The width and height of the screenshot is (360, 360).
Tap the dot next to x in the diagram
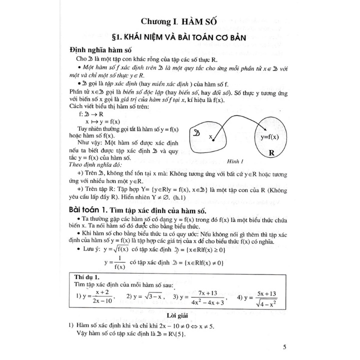[x=213, y=140]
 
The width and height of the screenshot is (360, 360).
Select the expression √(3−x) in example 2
[x=145, y=297]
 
